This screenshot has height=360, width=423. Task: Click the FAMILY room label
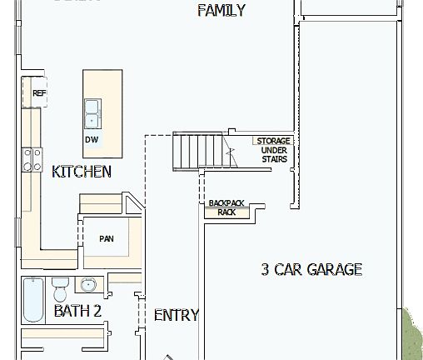pyautogui.click(x=221, y=11)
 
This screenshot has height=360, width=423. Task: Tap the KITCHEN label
pyautogui.click(x=82, y=172)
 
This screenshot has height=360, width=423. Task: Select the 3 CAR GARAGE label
pyautogui.click(x=311, y=269)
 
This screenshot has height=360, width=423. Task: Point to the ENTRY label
pyautogui.click(x=177, y=315)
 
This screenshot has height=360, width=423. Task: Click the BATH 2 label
pyautogui.click(x=77, y=311)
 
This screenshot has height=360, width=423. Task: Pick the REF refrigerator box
pyautogui.click(x=38, y=93)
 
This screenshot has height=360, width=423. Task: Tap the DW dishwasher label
pyautogui.click(x=91, y=139)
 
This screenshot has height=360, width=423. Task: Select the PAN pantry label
pyautogui.click(x=106, y=239)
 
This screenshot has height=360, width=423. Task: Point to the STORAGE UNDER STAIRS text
pyautogui.click(x=273, y=150)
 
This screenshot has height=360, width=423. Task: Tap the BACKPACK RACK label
pyautogui.click(x=226, y=207)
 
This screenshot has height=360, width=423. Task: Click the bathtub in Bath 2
pyautogui.click(x=32, y=301)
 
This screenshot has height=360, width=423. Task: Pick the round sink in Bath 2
pyautogui.click(x=89, y=286)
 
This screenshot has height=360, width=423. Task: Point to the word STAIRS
pyautogui.click(x=273, y=158)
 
